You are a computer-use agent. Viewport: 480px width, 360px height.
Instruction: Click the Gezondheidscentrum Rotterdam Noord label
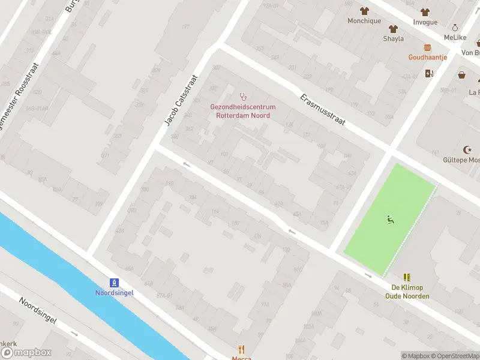(x=242, y=111)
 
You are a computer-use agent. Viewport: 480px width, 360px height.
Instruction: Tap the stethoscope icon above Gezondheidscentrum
(x=243, y=96)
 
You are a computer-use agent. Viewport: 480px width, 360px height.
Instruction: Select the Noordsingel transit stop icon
(x=114, y=283)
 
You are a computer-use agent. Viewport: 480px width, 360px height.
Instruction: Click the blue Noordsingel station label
(x=114, y=293)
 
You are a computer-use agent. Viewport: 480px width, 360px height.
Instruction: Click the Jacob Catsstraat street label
(x=181, y=100)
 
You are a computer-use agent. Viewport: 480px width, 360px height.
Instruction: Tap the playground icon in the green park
(x=391, y=220)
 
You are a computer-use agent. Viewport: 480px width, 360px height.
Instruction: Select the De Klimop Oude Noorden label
(x=407, y=292)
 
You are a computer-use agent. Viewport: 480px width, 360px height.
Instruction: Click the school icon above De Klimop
(x=407, y=277)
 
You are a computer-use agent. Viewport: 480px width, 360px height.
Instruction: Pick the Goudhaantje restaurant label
(x=427, y=58)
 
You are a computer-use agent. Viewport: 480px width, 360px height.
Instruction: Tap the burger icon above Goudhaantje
(x=427, y=47)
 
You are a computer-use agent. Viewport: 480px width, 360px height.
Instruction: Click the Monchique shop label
(x=364, y=21)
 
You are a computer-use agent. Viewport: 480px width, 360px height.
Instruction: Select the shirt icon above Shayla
(x=393, y=28)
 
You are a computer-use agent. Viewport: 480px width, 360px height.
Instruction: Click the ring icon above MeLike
(x=455, y=28)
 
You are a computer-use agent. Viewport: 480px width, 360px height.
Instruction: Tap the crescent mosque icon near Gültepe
(x=467, y=149)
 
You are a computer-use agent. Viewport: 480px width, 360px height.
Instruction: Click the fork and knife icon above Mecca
(x=241, y=349)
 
